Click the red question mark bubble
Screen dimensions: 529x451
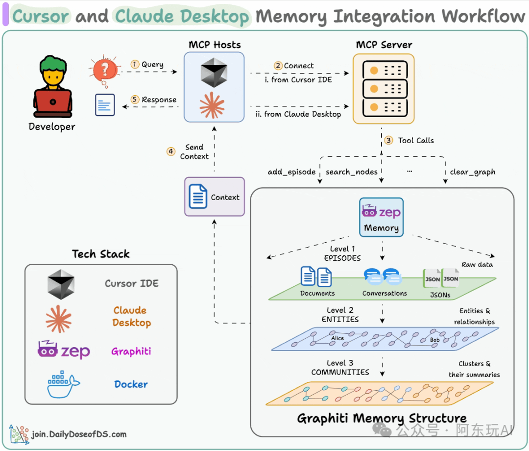[x=105, y=70]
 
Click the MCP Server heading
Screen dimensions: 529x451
[x=384, y=45]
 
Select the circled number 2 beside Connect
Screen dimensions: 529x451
[x=278, y=66]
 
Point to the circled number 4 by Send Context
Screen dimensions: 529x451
[x=171, y=151]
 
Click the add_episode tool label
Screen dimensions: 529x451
[x=292, y=172]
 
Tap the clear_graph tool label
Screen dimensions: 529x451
[x=473, y=172]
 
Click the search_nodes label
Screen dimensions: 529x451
[x=352, y=172]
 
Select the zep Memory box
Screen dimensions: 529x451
[x=381, y=217]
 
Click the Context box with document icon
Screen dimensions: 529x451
[x=215, y=197]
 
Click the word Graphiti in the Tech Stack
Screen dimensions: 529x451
[x=131, y=351]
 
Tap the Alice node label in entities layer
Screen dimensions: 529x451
[x=337, y=338]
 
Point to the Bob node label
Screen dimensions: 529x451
[x=435, y=340]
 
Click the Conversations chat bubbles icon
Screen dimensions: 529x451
[x=383, y=276]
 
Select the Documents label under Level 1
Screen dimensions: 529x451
[x=317, y=293]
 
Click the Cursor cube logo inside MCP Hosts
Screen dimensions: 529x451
[x=214, y=73]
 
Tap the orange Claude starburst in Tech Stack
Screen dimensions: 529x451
[x=59, y=319]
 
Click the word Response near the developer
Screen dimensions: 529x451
[x=159, y=100]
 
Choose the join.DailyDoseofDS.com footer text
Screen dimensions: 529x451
[x=79, y=434]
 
